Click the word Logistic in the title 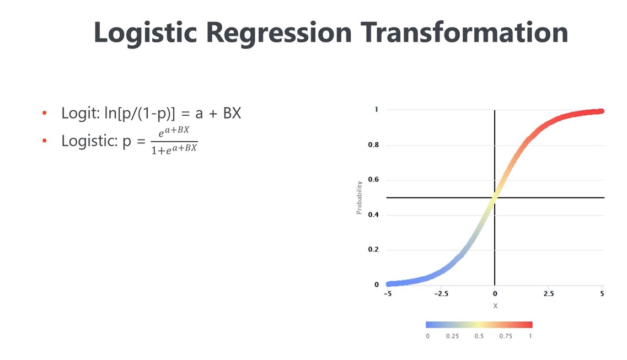click(x=145, y=33)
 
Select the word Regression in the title click(x=278, y=33)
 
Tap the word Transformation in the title click(x=464, y=32)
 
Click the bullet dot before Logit click(x=44, y=113)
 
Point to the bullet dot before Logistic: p click(x=44, y=141)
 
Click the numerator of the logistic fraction click(x=174, y=131)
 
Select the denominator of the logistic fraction click(x=174, y=149)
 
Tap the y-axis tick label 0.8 click(x=373, y=144)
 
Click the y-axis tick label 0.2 click(x=373, y=250)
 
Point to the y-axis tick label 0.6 click(x=373, y=180)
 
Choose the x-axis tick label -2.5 click(x=441, y=294)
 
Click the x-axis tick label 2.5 click(x=549, y=294)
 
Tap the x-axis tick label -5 click(x=388, y=294)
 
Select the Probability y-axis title click(x=359, y=197)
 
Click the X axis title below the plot click(x=495, y=306)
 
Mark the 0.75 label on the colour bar click(x=506, y=336)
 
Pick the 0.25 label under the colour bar click(x=452, y=336)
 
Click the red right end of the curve click(x=602, y=111)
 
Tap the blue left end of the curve click(x=388, y=284)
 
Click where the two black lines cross click(x=495, y=197)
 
